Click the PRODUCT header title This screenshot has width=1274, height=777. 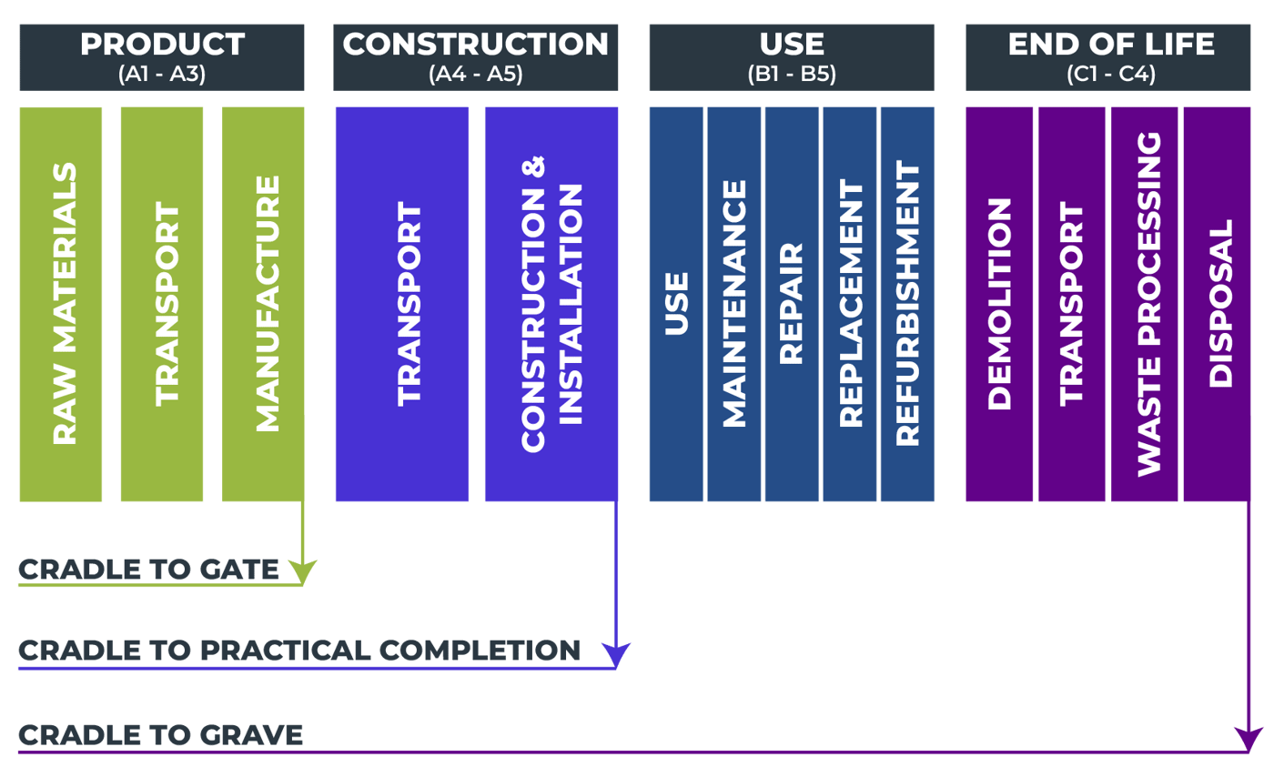point(162,44)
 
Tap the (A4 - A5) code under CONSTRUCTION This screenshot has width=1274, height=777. point(475,74)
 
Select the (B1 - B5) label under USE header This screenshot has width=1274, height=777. point(791,74)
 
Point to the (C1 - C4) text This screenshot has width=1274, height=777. point(1111,74)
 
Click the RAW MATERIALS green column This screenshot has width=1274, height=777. point(61,304)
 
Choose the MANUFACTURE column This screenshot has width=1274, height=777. point(264,304)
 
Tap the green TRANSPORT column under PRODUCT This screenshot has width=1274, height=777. point(162,304)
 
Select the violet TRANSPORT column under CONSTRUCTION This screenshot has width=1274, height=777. point(402,304)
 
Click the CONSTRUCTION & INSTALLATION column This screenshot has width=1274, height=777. point(551,304)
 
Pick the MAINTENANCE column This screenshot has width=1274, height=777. point(733,304)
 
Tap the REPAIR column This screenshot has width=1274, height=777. point(792,304)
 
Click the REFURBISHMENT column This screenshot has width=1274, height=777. point(907,304)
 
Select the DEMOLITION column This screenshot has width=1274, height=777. point(999,304)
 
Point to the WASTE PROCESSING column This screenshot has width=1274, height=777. point(1145,304)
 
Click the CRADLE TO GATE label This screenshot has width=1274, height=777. point(148,570)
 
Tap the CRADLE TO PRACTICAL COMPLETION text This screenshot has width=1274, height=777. point(298,651)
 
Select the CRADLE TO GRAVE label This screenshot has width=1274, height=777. point(160,734)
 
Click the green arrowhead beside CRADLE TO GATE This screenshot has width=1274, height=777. point(302,572)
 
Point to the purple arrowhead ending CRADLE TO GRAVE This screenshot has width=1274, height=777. point(1248,738)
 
